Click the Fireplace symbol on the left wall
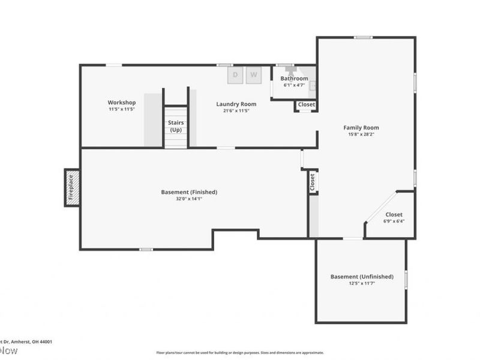coord(71,187)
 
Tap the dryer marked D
coord(235,75)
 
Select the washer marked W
coord(253,75)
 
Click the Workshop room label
coord(122,103)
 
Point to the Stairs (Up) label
coord(176,126)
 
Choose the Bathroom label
coord(294,79)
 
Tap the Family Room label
coord(361,127)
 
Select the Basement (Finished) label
coord(189,192)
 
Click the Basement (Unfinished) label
coord(362,277)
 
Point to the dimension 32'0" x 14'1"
coord(189,199)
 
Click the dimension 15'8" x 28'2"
coord(361,134)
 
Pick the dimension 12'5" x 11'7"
coord(362,283)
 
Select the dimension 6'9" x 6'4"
coord(394,221)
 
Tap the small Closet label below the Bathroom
coord(306,104)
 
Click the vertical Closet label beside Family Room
coord(312,182)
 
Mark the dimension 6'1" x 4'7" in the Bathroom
coord(294,85)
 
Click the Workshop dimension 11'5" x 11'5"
coord(122,110)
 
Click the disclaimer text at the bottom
coord(240,353)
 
